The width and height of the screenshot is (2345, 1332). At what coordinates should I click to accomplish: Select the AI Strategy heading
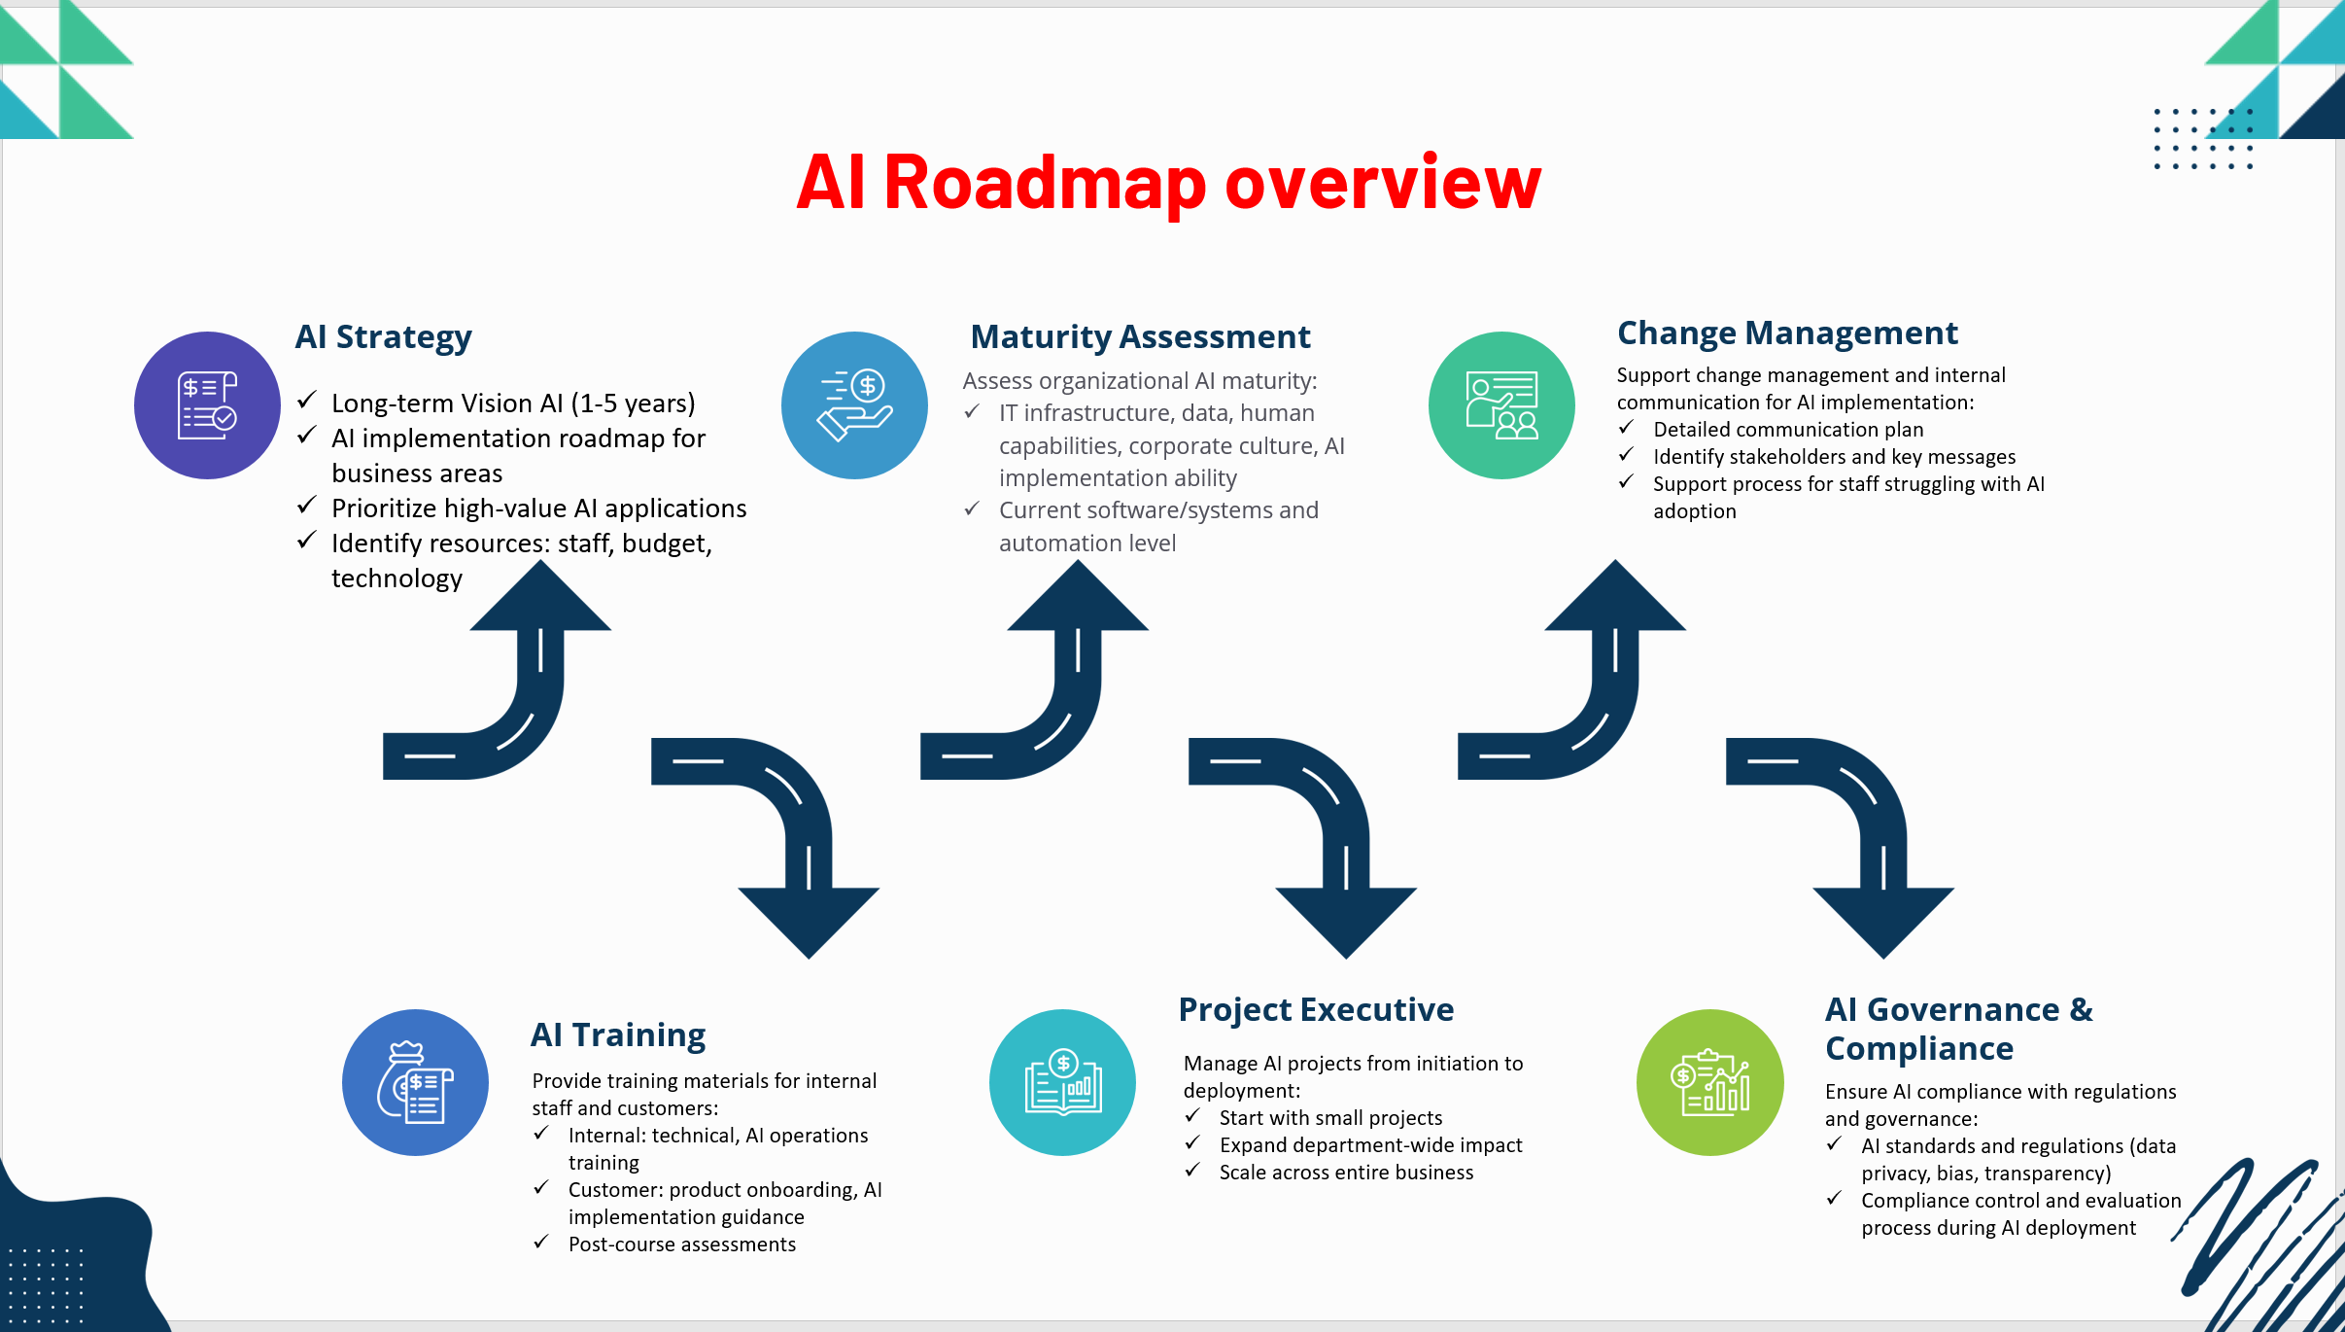(383, 336)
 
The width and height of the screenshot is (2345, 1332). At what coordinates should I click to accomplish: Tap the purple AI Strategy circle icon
(207, 404)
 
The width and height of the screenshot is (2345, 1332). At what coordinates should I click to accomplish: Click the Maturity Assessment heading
(1140, 336)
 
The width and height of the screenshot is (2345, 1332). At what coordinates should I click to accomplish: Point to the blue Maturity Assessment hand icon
(854, 404)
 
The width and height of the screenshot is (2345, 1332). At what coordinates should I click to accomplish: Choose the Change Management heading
(1787, 333)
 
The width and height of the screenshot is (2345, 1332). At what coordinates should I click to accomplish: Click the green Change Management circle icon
(1501, 404)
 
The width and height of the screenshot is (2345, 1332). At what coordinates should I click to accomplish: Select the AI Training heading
(618, 1034)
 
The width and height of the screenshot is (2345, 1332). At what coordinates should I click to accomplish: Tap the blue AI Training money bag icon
(415, 1082)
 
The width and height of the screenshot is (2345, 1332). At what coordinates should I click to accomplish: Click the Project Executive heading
(1316, 1009)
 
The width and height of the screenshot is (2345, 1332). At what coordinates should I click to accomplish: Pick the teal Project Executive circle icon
(1062, 1082)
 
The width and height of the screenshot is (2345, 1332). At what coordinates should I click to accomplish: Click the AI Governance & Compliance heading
(1959, 1029)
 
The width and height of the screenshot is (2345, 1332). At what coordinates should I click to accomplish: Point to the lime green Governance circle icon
(1710, 1082)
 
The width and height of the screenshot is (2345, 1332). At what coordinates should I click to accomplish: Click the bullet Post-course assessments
(682, 1244)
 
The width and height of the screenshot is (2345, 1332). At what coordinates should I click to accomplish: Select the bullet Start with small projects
(1331, 1118)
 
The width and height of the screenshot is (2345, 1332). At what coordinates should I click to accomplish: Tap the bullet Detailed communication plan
(1788, 430)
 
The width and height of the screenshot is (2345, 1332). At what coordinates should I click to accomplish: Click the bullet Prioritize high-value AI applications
(539, 508)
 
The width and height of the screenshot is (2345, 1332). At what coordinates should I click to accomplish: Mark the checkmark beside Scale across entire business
(1192, 1170)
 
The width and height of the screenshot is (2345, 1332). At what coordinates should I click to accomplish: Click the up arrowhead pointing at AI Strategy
(540, 595)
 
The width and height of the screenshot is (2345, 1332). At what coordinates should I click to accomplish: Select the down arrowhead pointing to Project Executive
(1346, 924)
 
